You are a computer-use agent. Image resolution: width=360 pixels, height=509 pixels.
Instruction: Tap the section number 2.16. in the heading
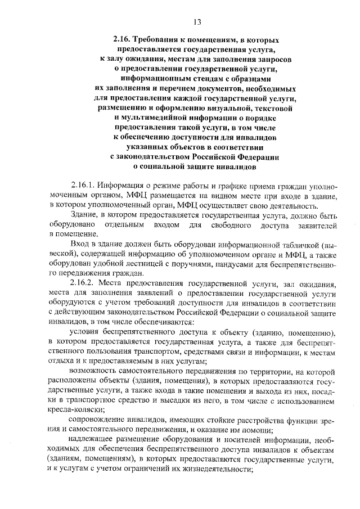122,41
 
